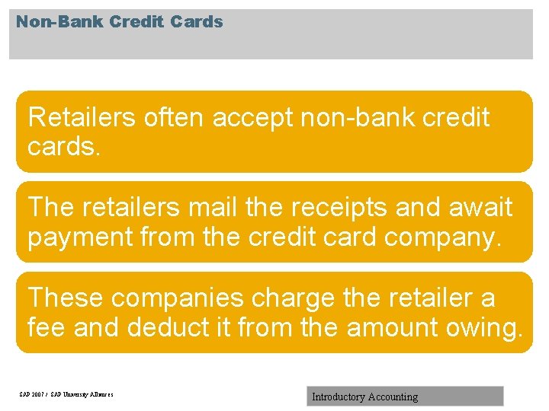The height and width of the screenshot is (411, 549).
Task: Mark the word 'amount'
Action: coord(393,327)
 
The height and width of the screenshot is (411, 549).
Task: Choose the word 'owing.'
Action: coord(486,327)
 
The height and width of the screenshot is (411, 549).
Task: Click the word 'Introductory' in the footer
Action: coord(338,397)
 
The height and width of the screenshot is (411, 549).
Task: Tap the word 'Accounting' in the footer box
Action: coord(393,397)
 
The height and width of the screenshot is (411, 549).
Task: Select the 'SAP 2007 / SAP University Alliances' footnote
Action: coord(66,394)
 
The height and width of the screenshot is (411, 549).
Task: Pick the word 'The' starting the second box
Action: coord(48,207)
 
